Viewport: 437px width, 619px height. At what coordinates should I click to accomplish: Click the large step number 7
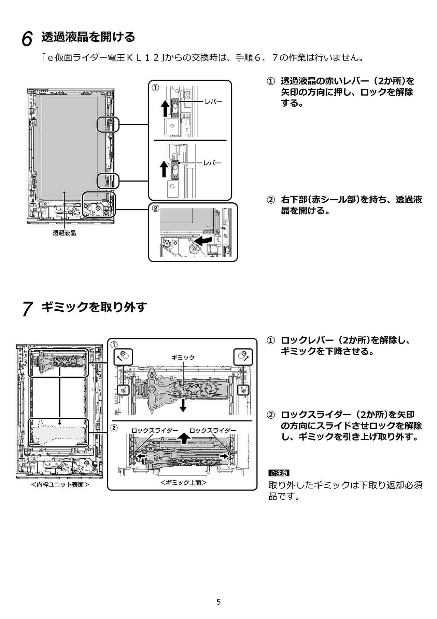(27, 309)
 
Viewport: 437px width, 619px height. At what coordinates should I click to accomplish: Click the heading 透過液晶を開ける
(88, 37)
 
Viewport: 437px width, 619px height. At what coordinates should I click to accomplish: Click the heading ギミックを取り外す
(94, 307)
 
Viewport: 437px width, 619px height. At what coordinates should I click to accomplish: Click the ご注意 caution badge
(279, 473)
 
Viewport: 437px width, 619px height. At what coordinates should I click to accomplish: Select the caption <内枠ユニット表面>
(60, 485)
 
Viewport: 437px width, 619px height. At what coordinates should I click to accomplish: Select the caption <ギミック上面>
(184, 483)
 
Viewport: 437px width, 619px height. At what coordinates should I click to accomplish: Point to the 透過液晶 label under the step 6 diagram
(64, 233)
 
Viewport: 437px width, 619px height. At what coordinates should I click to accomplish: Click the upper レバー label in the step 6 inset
(213, 102)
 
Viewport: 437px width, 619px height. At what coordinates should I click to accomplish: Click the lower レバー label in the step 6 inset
(212, 163)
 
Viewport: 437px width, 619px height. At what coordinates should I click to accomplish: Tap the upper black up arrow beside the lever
(165, 108)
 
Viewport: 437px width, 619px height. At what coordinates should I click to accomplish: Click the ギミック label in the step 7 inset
(183, 358)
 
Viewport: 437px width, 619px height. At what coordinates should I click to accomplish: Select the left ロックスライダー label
(155, 430)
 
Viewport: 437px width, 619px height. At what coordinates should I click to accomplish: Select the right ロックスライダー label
(213, 430)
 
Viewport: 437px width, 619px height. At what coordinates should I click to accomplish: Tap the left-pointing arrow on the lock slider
(141, 456)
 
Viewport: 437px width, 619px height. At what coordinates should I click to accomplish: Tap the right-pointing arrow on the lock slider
(224, 456)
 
